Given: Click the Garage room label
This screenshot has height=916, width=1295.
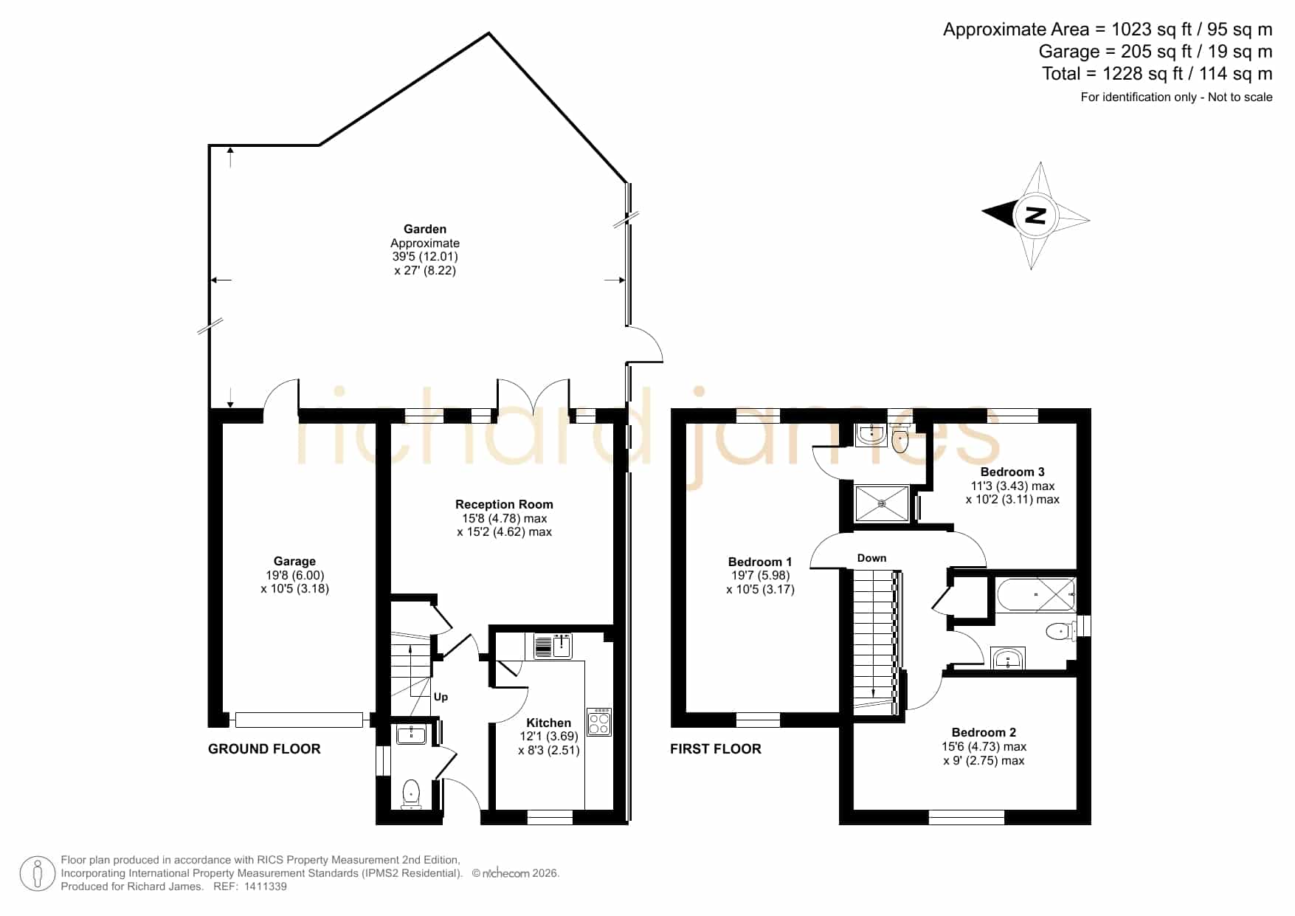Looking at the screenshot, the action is point(294,561).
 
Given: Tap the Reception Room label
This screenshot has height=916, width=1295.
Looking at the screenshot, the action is point(504,504).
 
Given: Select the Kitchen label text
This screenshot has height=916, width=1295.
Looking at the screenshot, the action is point(548,723).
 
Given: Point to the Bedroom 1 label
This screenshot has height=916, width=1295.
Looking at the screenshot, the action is point(760,562).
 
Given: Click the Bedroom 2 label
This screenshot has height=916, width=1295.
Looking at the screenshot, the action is point(984,732).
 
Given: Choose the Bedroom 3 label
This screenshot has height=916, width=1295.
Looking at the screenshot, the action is point(1012,472).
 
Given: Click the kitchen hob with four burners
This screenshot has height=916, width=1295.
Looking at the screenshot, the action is point(599,722).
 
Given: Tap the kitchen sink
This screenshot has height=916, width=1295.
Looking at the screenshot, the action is point(553,646).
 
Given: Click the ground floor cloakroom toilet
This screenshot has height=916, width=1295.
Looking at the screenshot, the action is point(411,794).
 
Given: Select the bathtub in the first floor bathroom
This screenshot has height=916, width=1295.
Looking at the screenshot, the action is point(1035,594).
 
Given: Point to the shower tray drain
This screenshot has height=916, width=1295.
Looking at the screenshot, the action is point(882,503).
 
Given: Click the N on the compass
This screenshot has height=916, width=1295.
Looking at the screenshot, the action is point(1036,216).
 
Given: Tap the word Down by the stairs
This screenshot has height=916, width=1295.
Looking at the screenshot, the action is point(871,558).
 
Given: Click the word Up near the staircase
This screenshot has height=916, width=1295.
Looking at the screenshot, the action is point(441,697).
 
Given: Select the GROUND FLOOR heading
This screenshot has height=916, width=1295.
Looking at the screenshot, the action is point(264,749).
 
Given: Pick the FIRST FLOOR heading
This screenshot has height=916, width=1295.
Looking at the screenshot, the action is point(716,749).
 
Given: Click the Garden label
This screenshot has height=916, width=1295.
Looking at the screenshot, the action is point(425,229).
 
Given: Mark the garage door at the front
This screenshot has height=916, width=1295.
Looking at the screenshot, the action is point(299,720).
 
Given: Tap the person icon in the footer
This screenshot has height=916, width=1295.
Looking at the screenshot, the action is point(38,874).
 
